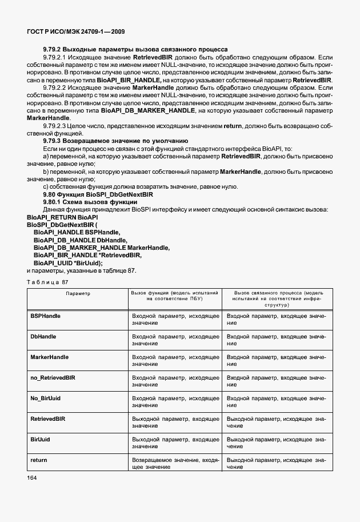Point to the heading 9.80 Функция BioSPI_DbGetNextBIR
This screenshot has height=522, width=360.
tap(98, 194)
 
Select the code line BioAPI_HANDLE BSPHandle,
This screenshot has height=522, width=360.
tap(77, 233)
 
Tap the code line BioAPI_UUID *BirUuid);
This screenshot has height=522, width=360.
tap(68, 262)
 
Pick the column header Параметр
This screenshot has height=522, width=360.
tap(78, 293)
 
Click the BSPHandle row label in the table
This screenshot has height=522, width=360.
tap(45, 316)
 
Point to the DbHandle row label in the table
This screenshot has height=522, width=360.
tap(43, 337)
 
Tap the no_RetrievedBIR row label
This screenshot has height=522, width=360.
tap(53, 378)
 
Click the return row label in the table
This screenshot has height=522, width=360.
tap(38, 460)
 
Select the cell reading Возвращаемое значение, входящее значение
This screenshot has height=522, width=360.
tap(175, 463)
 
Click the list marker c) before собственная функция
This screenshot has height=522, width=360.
tap(46, 187)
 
